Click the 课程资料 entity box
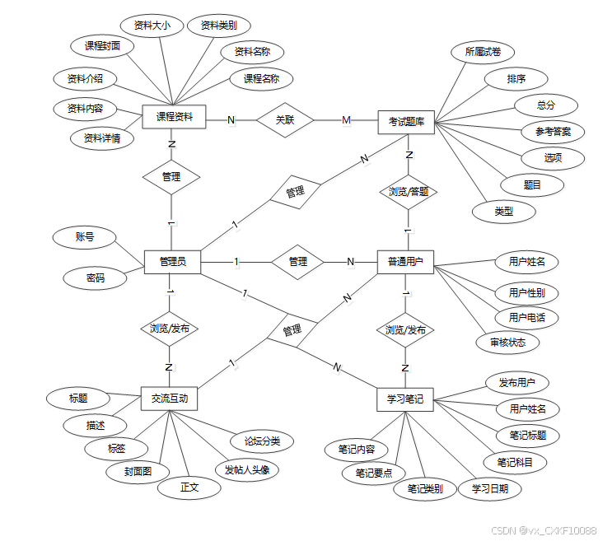click(174, 118)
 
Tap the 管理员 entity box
click(172, 262)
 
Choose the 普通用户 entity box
click(405, 262)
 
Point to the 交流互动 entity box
click(170, 399)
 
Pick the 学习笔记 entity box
click(405, 399)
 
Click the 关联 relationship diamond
click(285, 120)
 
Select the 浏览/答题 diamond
click(408, 192)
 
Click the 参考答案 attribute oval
click(553, 131)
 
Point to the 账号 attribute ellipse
click(84, 237)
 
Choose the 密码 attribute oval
click(96, 277)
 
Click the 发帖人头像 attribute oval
click(252, 470)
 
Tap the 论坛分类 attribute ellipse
click(262, 441)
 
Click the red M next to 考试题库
click(346, 120)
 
